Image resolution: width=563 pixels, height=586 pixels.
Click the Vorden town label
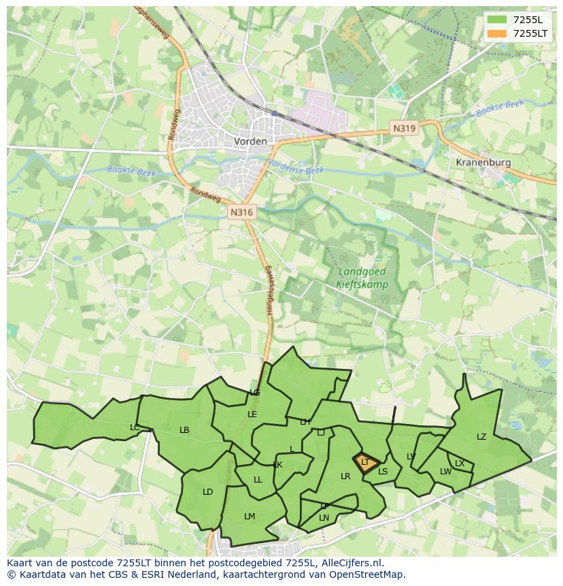[x=250, y=142]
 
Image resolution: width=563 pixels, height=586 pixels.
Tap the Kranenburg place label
[x=483, y=163]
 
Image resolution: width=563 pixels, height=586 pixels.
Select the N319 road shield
[x=404, y=128]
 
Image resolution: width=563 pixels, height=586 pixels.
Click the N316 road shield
[x=241, y=212]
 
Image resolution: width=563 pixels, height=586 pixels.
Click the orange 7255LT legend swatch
[x=497, y=33]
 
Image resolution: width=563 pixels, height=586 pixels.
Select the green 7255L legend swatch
[x=497, y=20]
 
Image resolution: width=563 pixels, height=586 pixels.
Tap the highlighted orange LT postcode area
[x=365, y=462]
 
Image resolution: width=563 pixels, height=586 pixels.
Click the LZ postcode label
[x=481, y=437]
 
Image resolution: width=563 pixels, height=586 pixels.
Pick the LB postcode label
[x=184, y=430]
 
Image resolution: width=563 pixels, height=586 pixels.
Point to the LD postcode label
[x=208, y=492]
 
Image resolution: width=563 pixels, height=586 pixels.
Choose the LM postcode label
[x=250, y=517]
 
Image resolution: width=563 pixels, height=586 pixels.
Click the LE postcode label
[x=252, y=414]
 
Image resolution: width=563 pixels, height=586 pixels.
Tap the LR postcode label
[x=345, y=476]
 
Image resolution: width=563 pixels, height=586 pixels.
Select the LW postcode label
[x=445, y=472]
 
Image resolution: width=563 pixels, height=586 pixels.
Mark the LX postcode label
[x=460, y=463]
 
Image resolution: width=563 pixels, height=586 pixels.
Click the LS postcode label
[x=383, y=472]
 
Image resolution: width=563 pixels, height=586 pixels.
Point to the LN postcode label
[x=324, y=518]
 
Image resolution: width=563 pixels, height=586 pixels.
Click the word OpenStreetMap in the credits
[x=367, y=574]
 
